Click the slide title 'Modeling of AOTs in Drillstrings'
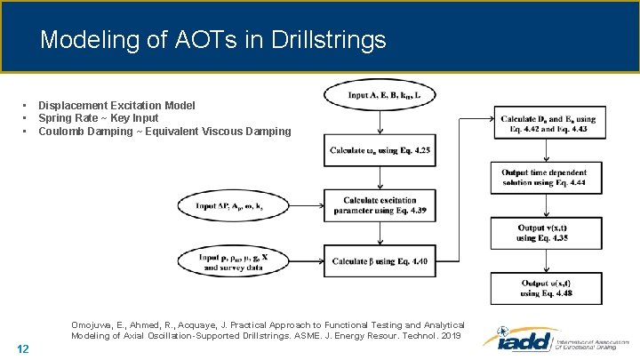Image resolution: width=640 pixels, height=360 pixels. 213,40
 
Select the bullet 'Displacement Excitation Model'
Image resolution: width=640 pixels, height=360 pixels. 116,105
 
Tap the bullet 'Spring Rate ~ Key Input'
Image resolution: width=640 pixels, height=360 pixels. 98,118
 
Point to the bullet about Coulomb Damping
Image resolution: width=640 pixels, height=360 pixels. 164,132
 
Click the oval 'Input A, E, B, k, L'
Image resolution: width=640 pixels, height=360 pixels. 380,95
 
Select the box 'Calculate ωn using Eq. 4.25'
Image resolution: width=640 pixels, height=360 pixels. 380,150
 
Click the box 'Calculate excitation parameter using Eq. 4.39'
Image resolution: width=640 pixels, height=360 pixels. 380,206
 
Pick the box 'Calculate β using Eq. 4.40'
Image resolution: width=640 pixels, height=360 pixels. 380,260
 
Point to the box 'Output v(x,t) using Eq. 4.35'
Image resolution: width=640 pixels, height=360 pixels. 548,233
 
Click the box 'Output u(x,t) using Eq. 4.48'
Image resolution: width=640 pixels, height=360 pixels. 548,288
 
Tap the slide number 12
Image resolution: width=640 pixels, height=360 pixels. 23,348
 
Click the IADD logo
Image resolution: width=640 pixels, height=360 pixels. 555,340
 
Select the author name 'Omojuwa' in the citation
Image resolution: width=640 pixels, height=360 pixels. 96,324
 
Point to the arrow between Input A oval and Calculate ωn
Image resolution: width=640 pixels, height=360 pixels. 380,123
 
